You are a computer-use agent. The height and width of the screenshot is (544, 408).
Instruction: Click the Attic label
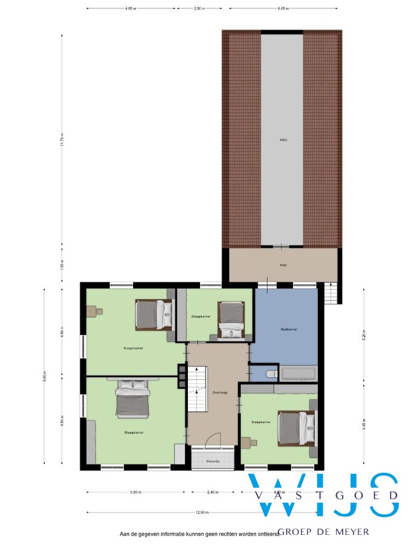click(282, 140)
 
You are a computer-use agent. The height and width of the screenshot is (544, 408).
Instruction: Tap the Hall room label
click(283, 265)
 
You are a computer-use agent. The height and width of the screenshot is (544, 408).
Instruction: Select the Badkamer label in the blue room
click(290, 329)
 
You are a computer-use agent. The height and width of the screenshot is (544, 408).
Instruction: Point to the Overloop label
click(219, 392)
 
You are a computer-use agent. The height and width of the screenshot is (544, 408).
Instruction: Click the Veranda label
click(213, 461)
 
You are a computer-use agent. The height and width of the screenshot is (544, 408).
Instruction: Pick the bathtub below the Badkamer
click(299, 374)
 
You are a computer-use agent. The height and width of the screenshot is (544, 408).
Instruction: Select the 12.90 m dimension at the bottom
click(202, 513)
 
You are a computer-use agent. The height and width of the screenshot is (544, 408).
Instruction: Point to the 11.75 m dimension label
click(63, 140)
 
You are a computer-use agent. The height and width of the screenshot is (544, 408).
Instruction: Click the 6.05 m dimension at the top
click(283, 9)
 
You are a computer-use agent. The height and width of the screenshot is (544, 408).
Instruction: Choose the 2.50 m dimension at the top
click(199, 9)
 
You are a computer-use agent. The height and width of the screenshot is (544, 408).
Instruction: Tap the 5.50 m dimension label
click(135, 492)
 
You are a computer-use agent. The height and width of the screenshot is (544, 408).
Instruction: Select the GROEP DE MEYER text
click(324, 532)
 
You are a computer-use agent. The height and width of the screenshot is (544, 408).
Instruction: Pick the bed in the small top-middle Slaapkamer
click(231, 320)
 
